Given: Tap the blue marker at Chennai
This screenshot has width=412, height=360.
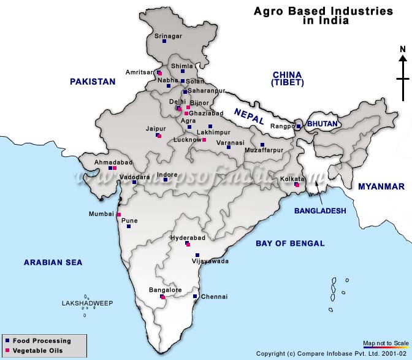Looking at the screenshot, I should click(x=195, y=297).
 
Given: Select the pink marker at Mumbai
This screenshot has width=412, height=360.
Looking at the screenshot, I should click(x=118, y=214).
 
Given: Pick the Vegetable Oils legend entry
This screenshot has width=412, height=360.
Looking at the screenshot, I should click(x=38, y=351).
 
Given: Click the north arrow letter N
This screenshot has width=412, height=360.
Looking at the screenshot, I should click(x=402, y=50).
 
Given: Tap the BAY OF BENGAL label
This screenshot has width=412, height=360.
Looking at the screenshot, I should click(x=290, y=243).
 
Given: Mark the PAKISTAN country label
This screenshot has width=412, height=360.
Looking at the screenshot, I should click(x=93, y=81).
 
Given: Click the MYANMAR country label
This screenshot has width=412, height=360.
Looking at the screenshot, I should click(x=381, y=186).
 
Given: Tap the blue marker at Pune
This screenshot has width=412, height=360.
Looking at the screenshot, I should click(x=129, y=226).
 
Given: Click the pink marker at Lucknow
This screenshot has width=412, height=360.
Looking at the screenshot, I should click(x=204, y=140).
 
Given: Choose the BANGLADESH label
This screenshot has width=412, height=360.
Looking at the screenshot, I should click(x=320, y=210).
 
